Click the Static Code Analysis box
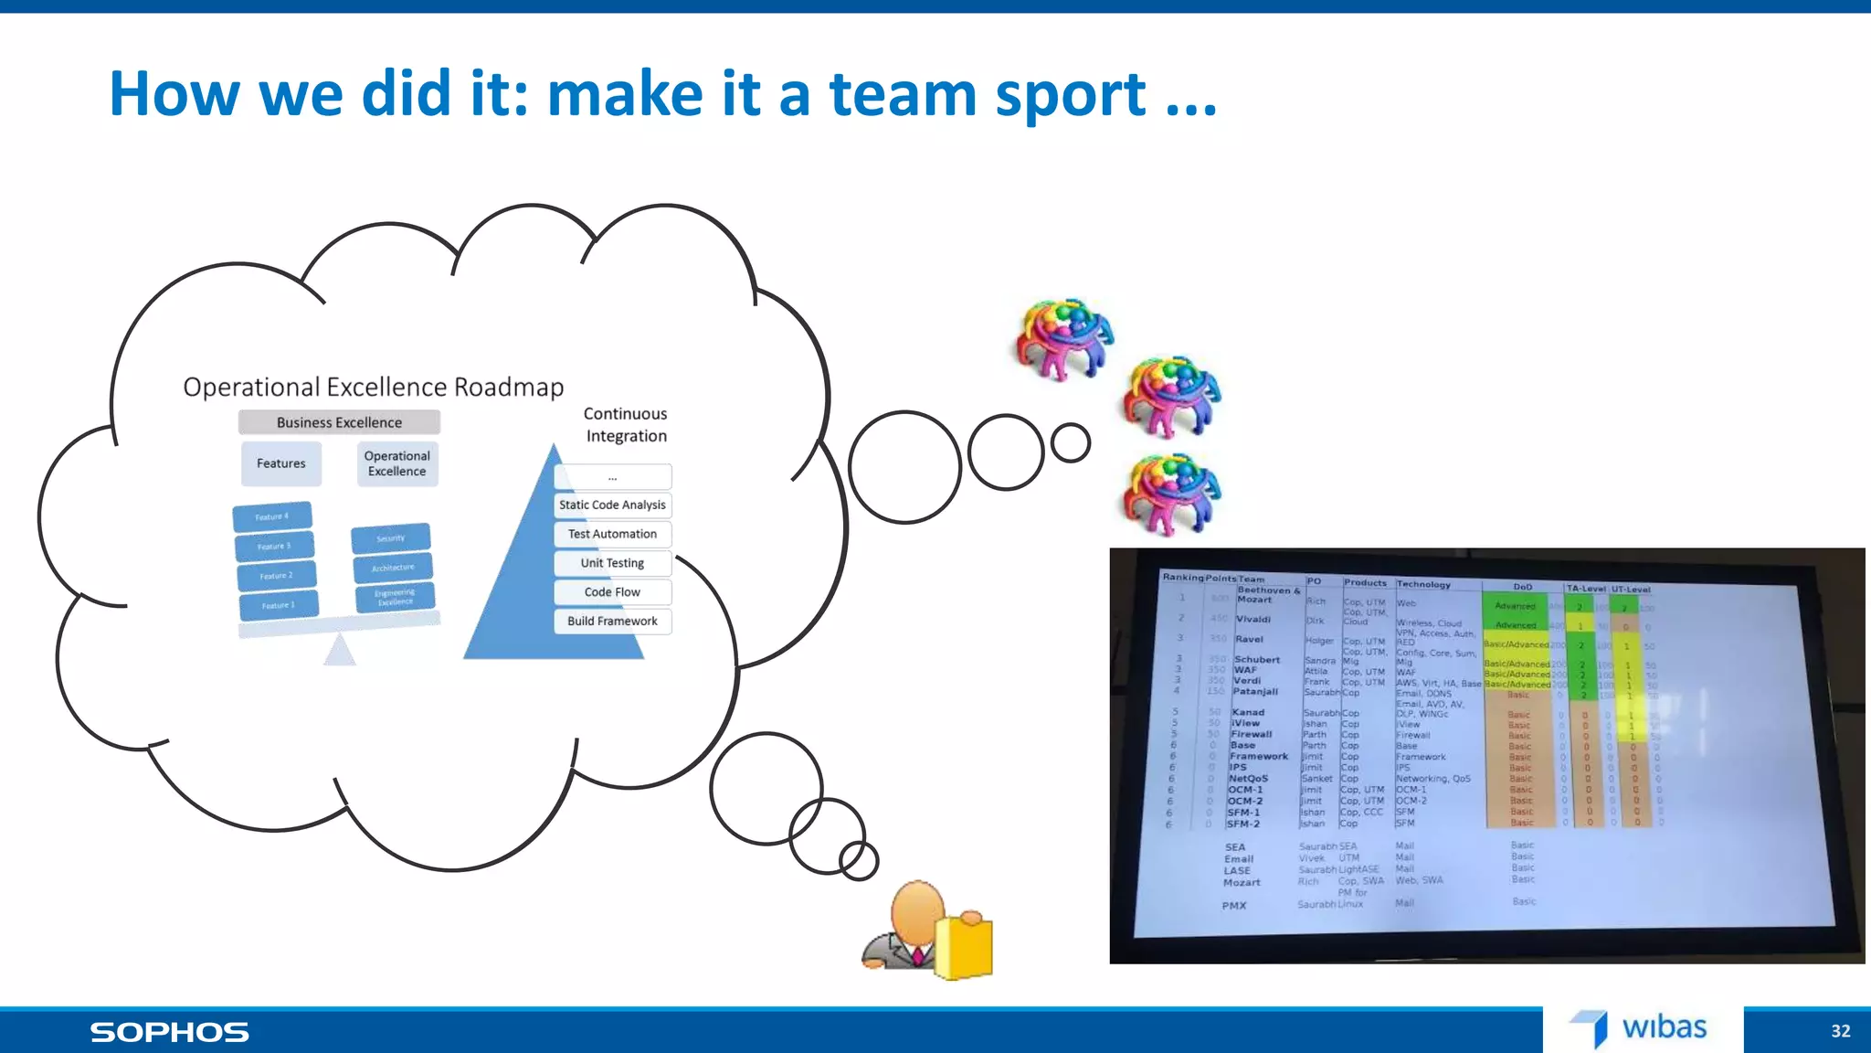pos(612,505)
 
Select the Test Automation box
pos(612,534)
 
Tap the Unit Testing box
pos(612,563)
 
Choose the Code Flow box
pos(612,592)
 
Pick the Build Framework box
pos(612,622)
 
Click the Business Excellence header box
pos(339,422)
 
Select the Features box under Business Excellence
pos(281,463)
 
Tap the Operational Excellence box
pos(396,463)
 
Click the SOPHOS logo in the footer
pos(170,1032)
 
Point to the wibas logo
pos(1641,1028)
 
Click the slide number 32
pos(1840,1031)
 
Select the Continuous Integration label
pos(626,425)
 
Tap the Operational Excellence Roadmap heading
pos(373,388)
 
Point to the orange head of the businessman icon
pos(917,910)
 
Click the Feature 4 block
pos(272,516)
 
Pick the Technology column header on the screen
pos(1422,584)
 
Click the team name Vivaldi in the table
pos(1253,619)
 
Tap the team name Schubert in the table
pos(1257,659)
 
